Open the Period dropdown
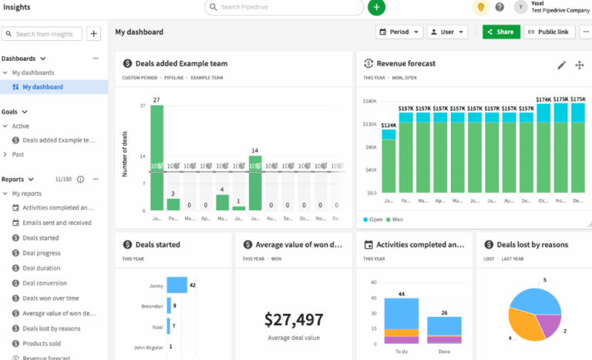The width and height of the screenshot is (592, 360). (x=399, y=32)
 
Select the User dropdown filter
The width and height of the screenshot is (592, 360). (x=447, y=32)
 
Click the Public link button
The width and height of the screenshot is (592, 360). (x=550, y=32)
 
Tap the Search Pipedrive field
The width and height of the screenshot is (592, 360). (x=285, y=7)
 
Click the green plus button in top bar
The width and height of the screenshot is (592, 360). (x=376, y=7)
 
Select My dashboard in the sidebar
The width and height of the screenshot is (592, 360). (x=42, y=87)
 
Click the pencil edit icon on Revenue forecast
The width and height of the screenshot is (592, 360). (x=562, y=65)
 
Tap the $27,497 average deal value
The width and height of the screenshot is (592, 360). (x=293, y=319)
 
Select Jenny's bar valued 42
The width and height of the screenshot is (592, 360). (x=177, y=285)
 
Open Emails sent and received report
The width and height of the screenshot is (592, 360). (x=56, y=223)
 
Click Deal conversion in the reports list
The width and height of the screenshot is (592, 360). (x=45, y=283)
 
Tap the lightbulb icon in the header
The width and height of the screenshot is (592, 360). (x=480, y=7)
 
